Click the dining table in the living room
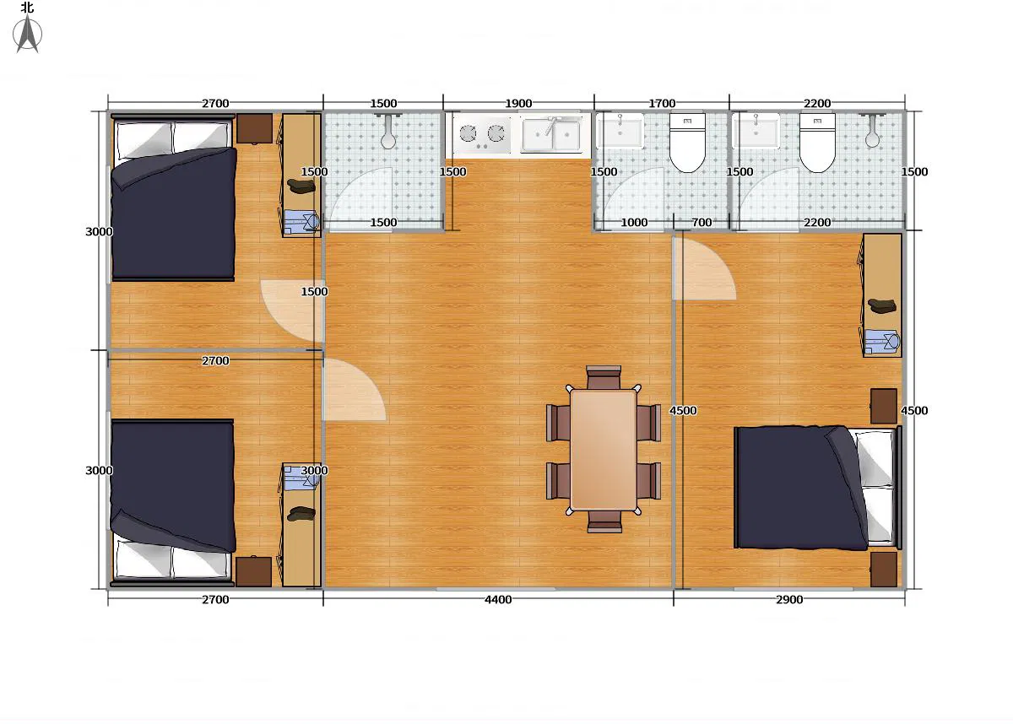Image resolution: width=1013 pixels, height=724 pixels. coord(603,449)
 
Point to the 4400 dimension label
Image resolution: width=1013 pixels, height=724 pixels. coord(498,600)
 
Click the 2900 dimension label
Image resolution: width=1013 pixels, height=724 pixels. coord(789,600)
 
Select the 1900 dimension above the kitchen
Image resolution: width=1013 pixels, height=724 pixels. coord(518,104)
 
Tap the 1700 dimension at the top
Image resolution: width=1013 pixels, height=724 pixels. coord(662,104)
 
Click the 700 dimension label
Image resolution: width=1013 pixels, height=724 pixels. coord(702,223)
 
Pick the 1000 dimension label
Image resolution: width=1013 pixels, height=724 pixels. coord(634,223)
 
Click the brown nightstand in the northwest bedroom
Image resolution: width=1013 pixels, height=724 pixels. coord(254,128)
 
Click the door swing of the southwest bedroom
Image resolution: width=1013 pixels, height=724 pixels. coord(350,392)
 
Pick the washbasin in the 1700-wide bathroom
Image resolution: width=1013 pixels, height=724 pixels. coord(620,132)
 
